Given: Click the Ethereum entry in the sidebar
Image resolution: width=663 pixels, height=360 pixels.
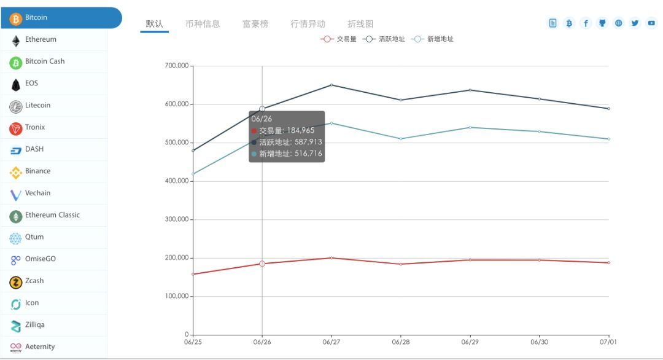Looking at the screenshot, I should [41, 39].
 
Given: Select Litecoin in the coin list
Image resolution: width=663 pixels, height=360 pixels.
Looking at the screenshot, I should [37, 105].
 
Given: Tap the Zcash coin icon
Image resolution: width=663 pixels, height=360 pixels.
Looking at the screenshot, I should [16, 282].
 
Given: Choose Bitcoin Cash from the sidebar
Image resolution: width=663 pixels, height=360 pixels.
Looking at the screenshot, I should [44, 61].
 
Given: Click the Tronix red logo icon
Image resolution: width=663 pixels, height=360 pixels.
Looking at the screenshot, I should [16, 128].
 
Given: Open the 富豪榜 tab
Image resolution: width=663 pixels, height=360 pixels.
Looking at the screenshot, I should [255, 24].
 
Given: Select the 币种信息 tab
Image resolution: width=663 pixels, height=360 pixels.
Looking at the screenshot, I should [203, 24].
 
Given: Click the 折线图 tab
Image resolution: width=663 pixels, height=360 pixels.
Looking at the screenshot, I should [360, 24].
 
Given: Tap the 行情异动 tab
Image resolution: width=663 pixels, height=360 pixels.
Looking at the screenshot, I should [308, 24].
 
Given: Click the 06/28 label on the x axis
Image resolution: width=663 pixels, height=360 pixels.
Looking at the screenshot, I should [401, 342].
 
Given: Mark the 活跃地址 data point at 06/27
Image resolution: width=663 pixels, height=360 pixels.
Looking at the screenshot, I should [331, 85].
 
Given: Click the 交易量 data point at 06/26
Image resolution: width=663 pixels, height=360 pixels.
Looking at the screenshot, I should [262, 264].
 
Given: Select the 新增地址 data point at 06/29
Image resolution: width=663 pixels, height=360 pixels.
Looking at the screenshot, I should [470, 127].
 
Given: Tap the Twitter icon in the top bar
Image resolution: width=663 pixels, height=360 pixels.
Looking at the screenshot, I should [635, 23].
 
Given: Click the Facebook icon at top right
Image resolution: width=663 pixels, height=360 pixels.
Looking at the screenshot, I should [586, 23].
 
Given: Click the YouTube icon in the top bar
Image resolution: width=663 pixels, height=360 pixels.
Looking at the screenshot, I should [651, 23].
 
